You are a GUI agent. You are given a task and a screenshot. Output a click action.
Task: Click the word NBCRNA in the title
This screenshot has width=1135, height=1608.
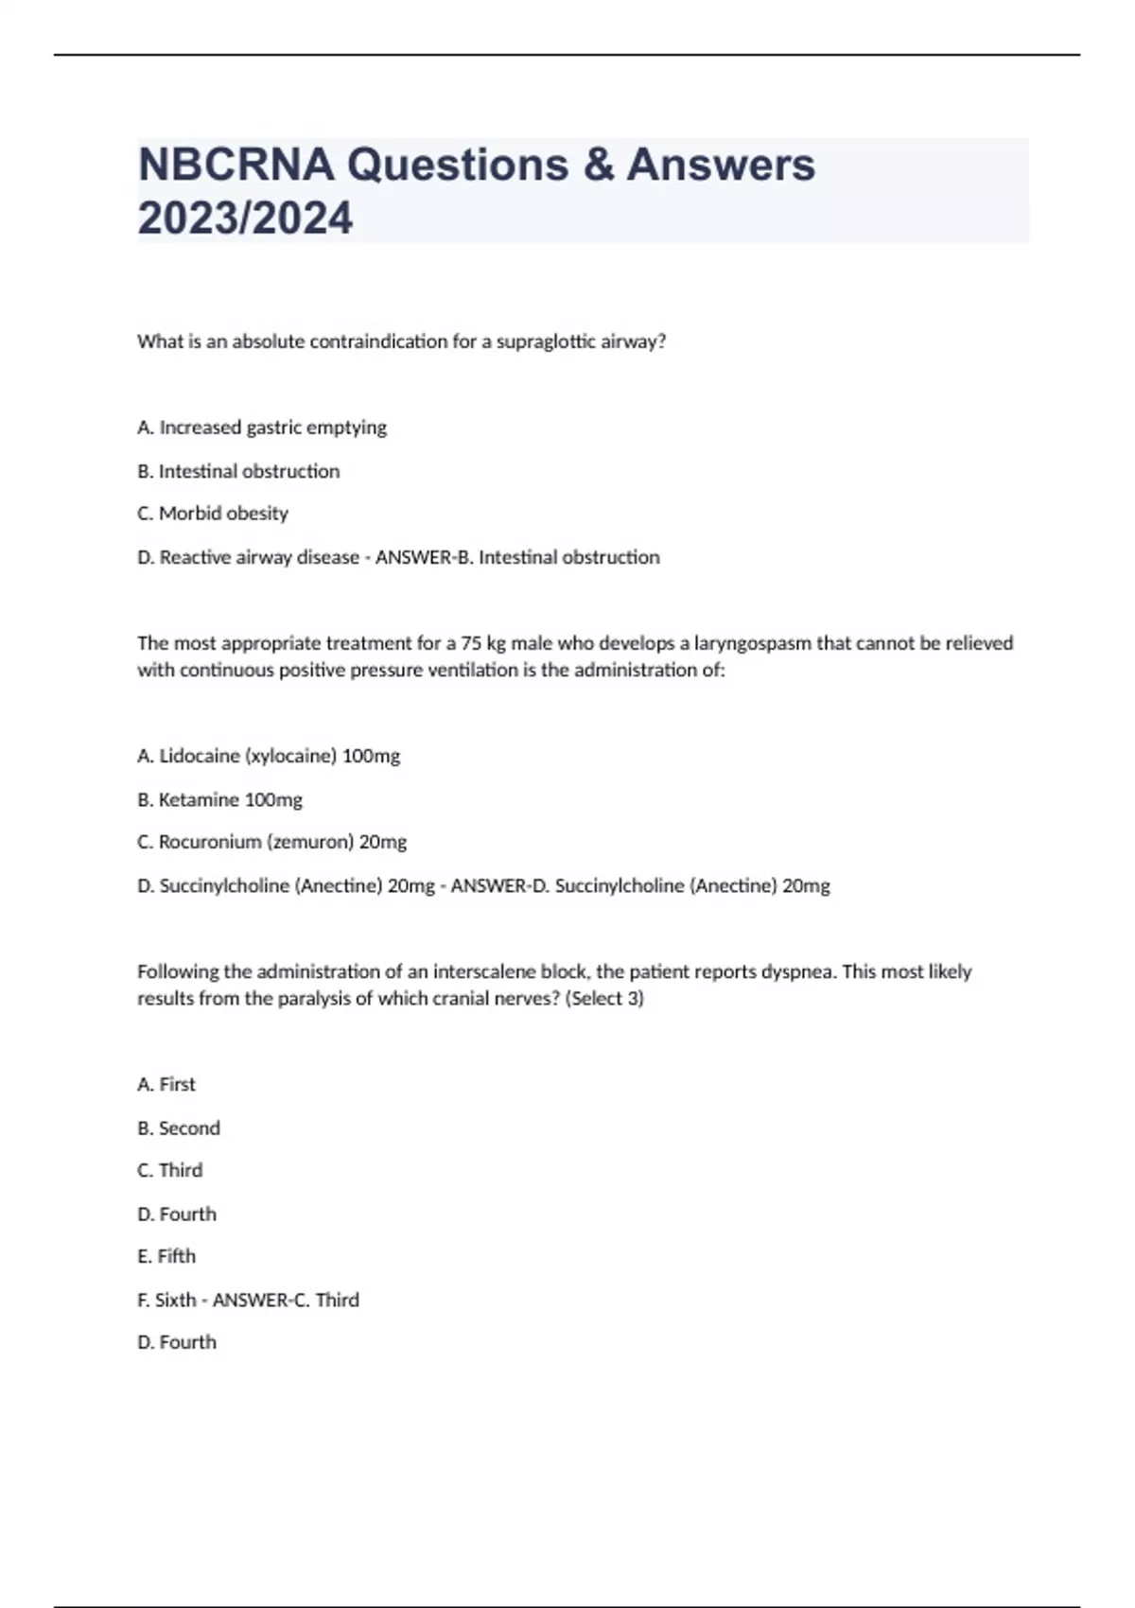pos(236,165)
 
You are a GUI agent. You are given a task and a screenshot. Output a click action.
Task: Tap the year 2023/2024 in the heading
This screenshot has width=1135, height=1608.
pos(245,218)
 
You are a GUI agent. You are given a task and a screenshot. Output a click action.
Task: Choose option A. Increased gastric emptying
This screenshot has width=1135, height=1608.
pos(262,428)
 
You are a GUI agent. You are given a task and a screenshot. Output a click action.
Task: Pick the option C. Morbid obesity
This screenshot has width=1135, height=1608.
pos(213,514)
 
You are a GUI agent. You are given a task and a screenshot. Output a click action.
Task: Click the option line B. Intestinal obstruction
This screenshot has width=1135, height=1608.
pos(238,471)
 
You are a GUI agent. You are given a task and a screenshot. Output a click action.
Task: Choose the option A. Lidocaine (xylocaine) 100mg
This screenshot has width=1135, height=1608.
pos(269,757)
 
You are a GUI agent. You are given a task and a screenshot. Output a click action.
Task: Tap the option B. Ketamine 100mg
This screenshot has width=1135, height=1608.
pos(219,800)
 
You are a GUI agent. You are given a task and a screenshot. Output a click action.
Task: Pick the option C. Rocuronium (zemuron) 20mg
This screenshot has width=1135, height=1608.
pos(272,842)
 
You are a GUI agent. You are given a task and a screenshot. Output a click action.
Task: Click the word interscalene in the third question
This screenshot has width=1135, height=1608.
pos(486,971)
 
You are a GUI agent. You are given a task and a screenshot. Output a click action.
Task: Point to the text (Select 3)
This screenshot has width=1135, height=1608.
pos(604,999)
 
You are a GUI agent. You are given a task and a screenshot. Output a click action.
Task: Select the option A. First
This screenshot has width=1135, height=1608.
pos(166,1085)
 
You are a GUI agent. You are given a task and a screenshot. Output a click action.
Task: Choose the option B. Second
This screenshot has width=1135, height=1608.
pos(179,1128)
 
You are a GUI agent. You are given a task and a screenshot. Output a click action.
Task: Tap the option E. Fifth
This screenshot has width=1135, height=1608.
pos(166,1256)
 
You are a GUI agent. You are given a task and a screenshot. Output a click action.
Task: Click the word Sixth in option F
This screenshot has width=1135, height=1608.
pos(176,1301)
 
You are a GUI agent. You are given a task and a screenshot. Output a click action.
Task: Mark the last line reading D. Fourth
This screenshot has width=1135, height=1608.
pos(177,1342)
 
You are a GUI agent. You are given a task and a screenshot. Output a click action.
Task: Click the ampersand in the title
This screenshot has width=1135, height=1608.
pos(598,165)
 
